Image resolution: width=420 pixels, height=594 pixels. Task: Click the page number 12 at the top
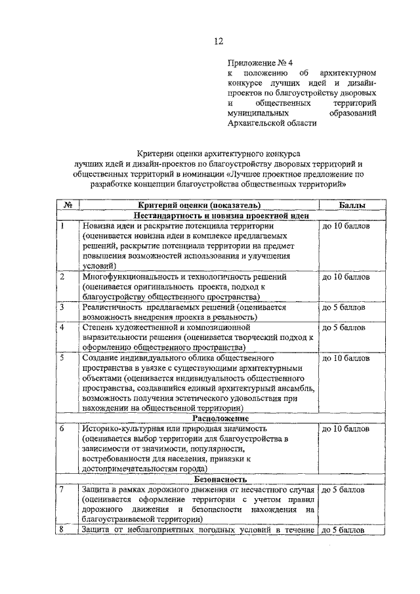(x=218, y=41)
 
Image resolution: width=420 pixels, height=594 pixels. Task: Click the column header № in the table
(x=68, y=205)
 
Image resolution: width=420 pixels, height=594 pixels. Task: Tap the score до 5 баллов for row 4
(x=343, y=327)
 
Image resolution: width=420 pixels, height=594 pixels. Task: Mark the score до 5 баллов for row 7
(x=343, y=490)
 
